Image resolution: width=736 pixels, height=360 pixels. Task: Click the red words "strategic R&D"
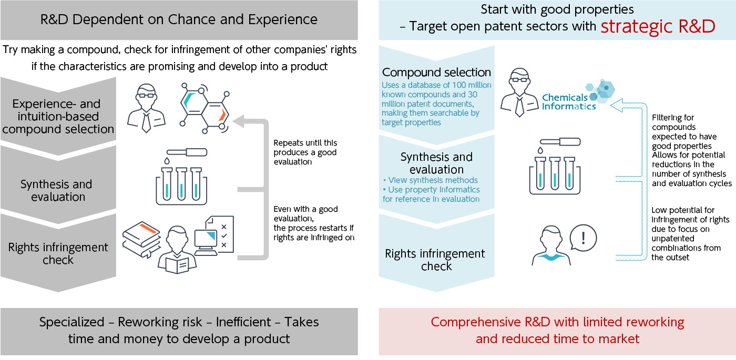click(x=658, y=26)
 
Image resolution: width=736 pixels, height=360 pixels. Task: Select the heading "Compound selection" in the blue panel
click(x=436, y=73)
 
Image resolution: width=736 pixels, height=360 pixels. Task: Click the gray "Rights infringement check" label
click(x=58, y=253)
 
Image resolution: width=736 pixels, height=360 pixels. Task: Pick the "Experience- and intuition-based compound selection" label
click(x=58, y=116)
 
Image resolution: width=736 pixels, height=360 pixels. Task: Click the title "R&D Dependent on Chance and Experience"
click(x=179, y=20)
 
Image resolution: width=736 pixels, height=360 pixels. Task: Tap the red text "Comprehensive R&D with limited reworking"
click(x=557, y=322)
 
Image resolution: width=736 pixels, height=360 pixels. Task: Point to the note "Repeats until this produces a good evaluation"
click(x=305, y=152)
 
